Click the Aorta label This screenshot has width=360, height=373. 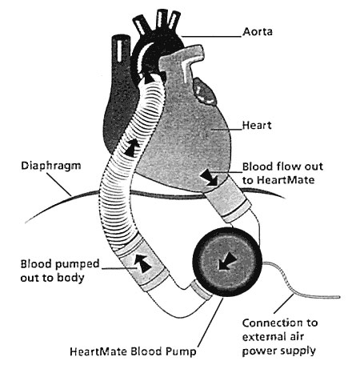point(258,31)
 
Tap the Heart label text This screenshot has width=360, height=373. point(257,125)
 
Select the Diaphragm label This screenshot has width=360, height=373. point(50,166)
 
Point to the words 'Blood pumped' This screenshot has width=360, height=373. point(60,264)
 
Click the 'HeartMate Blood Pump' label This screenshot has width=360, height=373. point(133,351)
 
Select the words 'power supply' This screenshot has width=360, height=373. point(279,351)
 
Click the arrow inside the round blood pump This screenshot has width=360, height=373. point(226,262)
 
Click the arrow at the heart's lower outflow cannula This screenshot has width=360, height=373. point(210,178)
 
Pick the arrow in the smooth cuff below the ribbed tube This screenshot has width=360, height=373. point(142,263)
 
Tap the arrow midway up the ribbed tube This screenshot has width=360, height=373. point(133,147)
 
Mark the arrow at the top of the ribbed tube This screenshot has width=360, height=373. point(149,78)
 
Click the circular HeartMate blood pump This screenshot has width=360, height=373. point(227,263)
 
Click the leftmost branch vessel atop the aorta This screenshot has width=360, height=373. point(140,25)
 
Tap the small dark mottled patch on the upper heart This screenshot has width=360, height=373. point(205,91)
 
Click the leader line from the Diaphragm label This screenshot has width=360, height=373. point(59,184)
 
